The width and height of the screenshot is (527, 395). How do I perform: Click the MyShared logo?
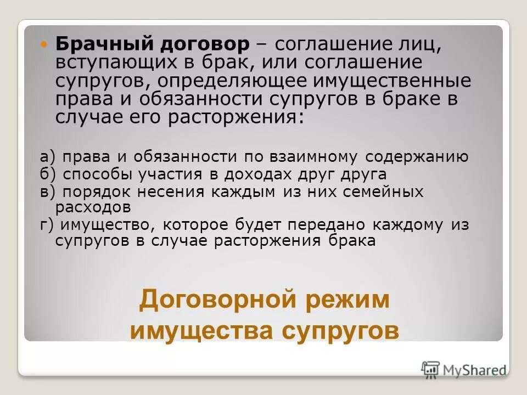[x=464, y=369]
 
